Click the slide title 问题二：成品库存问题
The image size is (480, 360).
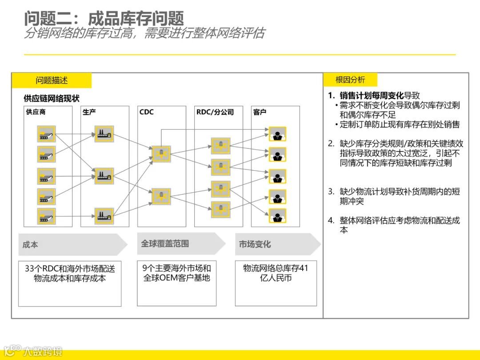click(104, 18)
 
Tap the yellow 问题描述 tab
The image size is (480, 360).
click(52, 80)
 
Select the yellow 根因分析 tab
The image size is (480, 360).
click(350, 80)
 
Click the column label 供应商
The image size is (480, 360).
click(36, 112)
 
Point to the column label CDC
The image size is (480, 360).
click(146, 112)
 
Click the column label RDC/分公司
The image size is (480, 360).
click(215, 112)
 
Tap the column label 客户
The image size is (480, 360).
click(260, 112)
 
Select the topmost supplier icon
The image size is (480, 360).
click(46, 134)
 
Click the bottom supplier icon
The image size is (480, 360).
click(46, 216)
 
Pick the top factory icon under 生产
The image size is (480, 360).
click(104, 134)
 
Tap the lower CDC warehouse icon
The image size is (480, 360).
click(161, 196)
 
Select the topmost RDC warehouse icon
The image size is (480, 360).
click(220, 146)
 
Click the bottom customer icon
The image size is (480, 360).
click(277, 216)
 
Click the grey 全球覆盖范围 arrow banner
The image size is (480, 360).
click(180, 244)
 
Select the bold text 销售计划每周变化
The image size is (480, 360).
click(372, 96)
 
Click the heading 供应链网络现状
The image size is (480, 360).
click(52, 99)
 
